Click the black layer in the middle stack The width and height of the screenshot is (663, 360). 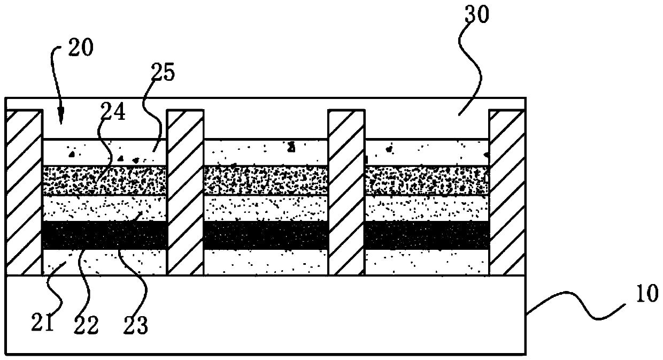point(266,235)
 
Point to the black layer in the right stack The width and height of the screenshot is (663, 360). point(427,235)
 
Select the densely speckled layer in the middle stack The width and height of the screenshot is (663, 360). point(266,180)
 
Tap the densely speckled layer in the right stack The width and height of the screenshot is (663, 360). point(427,180)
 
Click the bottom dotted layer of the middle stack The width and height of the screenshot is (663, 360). point(266,262)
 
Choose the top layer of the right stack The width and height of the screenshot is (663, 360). point(427,152)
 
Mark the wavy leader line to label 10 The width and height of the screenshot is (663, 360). point(577,304)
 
